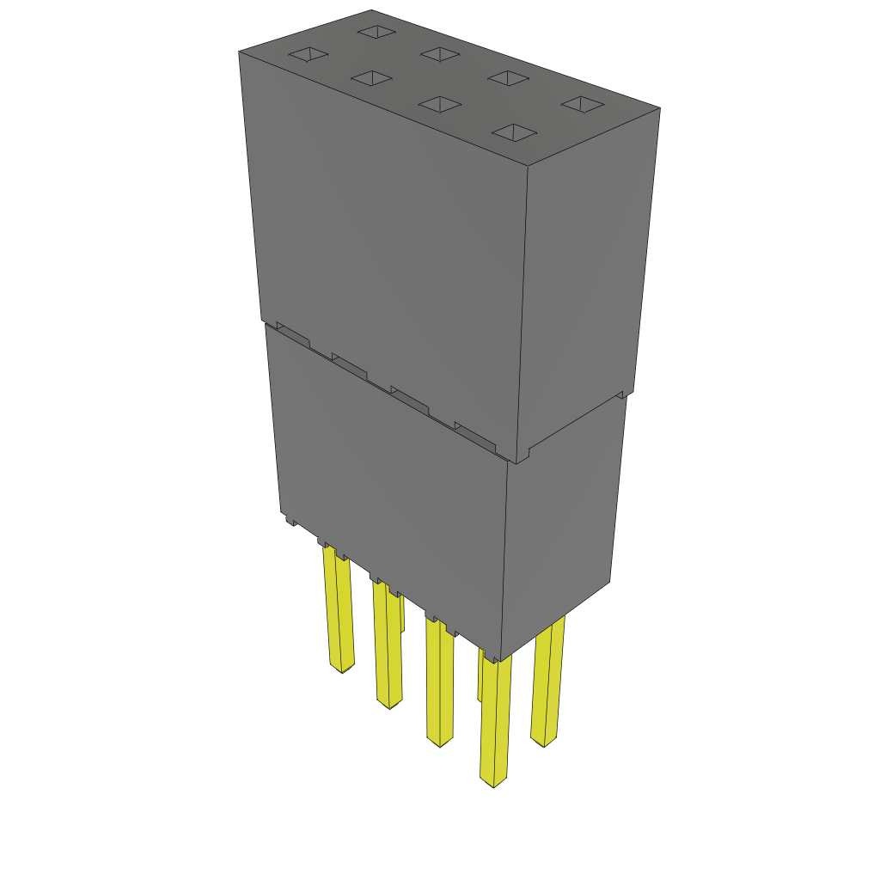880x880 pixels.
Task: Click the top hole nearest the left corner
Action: pos(308,56)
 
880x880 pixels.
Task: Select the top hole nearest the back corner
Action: pos(376,32)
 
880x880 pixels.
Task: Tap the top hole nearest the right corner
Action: pos(584,104)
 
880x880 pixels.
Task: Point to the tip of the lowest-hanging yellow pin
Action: pos(493,781)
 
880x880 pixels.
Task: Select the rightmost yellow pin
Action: pos(547,682)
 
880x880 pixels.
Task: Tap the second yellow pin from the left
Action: pos(388,645)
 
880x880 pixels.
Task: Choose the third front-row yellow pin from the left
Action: pos(440,683)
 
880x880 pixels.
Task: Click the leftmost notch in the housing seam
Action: pos(291,336)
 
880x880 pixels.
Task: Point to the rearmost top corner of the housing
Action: pos(371,10)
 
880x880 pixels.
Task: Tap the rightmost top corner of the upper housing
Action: pos(659,108)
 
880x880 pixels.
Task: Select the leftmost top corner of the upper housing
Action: pos(239,52)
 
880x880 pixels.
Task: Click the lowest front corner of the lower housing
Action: pos(498,660)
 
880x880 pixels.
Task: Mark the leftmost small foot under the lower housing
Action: pos(290,520)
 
